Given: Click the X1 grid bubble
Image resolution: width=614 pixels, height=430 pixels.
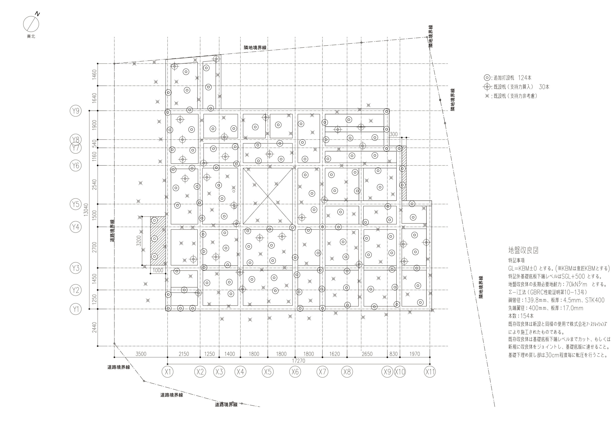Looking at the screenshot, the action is (x=168, y=372).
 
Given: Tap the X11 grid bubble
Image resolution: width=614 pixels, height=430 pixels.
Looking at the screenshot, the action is (x=430, y=372).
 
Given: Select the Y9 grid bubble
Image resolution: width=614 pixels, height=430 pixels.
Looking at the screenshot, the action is (x=76, y=111).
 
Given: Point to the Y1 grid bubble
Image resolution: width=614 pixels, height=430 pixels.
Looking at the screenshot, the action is (x=76, y=309).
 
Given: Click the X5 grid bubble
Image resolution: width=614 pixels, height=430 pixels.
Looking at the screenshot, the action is (x=268, y=372).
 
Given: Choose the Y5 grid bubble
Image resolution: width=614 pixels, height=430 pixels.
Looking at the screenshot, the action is (x=76, y=204).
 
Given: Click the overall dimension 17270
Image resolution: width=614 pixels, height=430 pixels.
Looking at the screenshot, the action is (x=298, y=361).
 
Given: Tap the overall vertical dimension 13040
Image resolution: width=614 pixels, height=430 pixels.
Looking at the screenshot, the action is (x=86, y=210).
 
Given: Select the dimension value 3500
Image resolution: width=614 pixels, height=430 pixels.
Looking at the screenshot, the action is (x=141, y=354).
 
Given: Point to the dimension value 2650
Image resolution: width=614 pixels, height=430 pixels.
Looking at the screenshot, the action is (x=367, y=354).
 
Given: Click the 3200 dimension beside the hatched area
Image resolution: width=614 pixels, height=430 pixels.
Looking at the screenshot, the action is (x=139, y=241).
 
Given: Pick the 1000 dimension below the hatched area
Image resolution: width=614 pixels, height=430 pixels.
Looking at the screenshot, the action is (x=158, y=270).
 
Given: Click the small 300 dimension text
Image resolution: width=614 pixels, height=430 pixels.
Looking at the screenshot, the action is (x=393, y=134).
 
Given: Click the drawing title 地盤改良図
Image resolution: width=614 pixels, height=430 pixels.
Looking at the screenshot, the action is (x=523, y=250).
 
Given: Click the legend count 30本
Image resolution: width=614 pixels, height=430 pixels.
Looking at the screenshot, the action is (x=544, y=87).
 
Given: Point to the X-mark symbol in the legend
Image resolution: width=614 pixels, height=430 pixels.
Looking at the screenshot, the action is (x=487, y=96).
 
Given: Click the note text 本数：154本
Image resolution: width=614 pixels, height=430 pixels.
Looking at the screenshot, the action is (x=521, y=316).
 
